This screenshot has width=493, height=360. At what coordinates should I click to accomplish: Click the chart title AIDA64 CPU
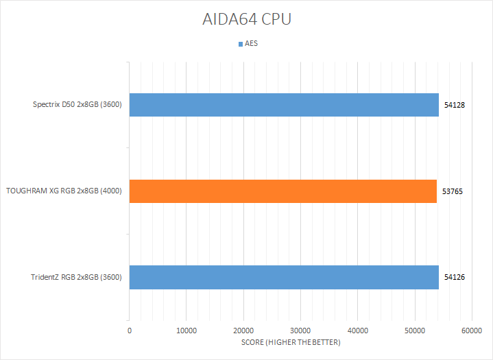(246, 19)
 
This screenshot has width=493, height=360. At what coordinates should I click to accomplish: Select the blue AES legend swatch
(240, 44)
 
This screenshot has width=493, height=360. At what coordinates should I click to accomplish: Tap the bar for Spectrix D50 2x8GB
(284, 105)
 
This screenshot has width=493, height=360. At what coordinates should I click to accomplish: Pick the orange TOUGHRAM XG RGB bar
(282, 191)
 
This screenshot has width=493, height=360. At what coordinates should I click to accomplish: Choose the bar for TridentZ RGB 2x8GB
(284, 277)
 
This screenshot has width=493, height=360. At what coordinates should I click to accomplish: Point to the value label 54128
(455, 106)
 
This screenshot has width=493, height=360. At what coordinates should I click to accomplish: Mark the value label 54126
(455, 277)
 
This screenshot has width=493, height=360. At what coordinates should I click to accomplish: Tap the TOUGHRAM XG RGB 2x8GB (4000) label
(64, 191)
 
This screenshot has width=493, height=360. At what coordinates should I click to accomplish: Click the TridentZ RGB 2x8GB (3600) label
(77, 277)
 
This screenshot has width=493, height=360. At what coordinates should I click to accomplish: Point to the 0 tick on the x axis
(130, 331)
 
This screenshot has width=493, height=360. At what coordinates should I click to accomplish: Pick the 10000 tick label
(187, 331)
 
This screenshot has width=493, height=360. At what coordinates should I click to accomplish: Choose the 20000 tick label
(243, 331)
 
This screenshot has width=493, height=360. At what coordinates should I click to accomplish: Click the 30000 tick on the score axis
(300, 331)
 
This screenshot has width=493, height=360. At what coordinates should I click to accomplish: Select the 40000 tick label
(357, 331)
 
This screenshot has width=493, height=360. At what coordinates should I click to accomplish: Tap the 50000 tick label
(414, 331)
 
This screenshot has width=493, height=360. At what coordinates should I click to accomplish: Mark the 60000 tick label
(471, 331)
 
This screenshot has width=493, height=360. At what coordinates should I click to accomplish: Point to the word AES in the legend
(251, 44)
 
